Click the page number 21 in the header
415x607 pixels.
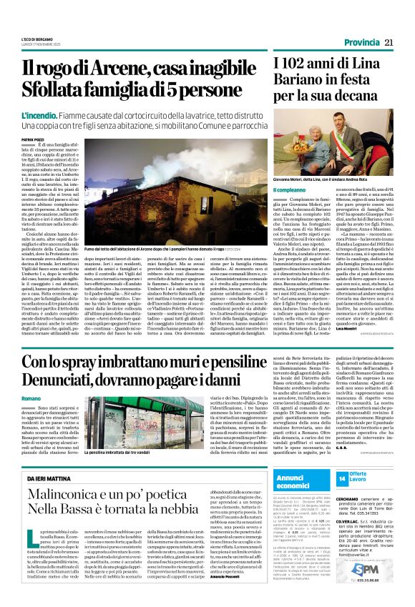coord(389,43)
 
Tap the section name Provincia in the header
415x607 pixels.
coord(361,43)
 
